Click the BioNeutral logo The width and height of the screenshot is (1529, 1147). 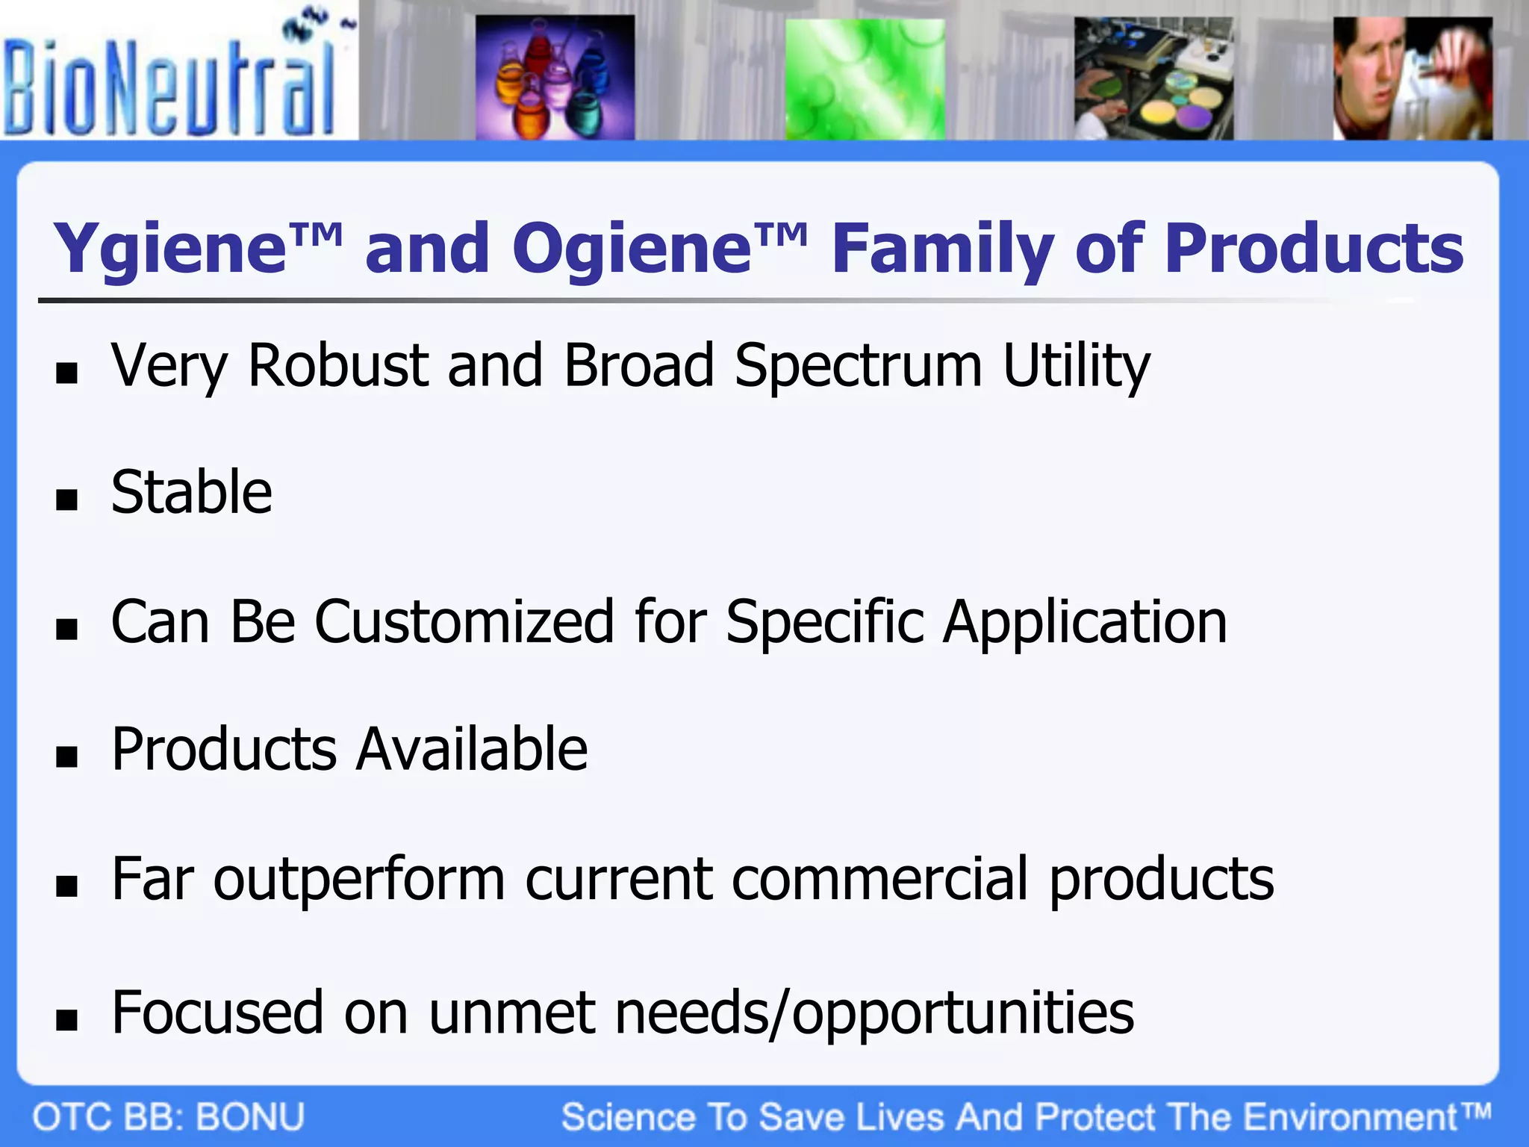(172, 82)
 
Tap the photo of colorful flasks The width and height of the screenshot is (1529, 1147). (555, 78)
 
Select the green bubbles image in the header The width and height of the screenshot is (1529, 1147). (865, 80)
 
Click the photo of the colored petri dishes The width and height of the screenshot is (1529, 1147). (1153, 80)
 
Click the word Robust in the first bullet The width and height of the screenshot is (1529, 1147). (338, 365)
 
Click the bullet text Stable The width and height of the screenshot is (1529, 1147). (191, 493)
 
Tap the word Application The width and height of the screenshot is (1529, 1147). (1085, 624)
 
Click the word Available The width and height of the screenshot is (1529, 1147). (472, 750)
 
